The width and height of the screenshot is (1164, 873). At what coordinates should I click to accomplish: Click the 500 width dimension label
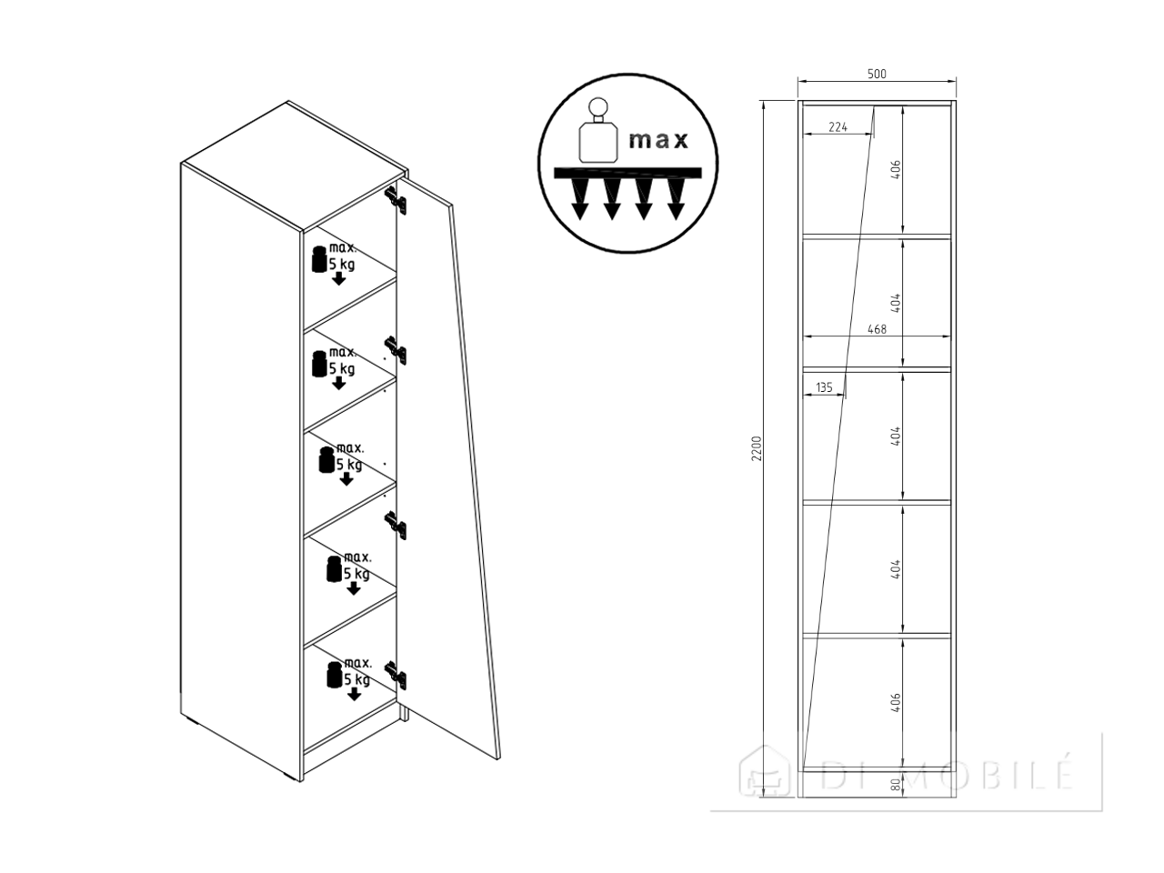click(x=877, y=74)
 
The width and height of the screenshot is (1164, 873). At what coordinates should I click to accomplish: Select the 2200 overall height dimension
click(x=757, y=448)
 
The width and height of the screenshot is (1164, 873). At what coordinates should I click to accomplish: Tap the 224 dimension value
click(x=838, y=127)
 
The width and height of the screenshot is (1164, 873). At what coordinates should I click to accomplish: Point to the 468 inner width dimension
click(x=877, y=329)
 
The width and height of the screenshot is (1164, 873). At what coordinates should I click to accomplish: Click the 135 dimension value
click(x=824, y=387)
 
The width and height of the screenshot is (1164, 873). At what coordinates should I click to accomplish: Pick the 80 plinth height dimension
click(x=897, y=785)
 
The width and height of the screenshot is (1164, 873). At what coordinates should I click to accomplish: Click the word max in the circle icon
click(x=658, y=140)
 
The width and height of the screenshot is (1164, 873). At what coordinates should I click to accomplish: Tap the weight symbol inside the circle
click(x=598, y=130)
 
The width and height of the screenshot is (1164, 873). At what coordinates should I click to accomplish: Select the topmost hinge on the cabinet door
click(x=396, y=200)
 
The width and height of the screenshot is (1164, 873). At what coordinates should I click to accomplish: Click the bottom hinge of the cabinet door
click(x=396, y=676)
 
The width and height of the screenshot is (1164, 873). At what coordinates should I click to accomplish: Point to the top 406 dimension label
click(x=897, y=170)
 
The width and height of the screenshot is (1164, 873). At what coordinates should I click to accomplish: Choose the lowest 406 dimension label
click(x=897, y=702)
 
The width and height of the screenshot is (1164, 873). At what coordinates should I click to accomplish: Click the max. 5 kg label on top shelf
click(x=334, y=257)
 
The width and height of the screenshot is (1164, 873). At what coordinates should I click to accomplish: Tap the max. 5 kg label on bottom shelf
click(x=349, y=672)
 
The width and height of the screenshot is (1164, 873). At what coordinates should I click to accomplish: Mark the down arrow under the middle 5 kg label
click(x=346, y=479)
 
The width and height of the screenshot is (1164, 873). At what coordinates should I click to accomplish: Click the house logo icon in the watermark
click(x=765, y=771)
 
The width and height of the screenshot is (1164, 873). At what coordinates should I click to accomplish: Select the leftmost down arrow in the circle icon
click(x=581, y=199)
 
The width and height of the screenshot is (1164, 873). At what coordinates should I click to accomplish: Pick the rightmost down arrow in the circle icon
click(x=676, y=199)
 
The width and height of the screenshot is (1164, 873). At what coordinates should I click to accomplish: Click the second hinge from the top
click(x=396, y=350)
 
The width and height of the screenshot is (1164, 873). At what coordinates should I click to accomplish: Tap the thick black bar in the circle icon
click(x=627, y=173)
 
